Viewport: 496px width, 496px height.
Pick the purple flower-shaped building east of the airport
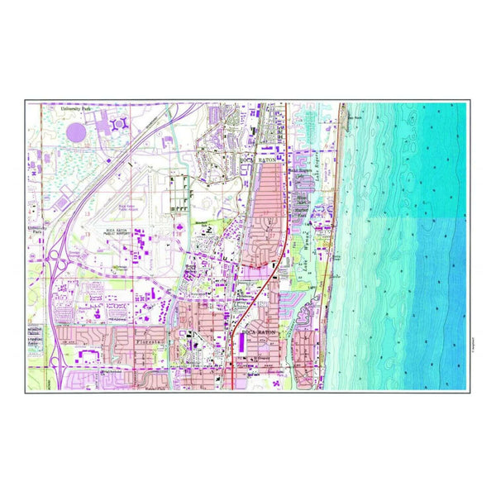179,212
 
